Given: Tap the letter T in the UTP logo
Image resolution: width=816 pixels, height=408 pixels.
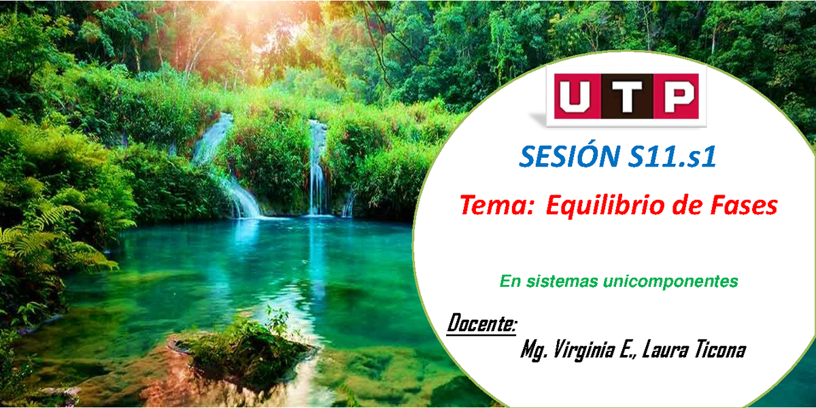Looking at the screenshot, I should coord(626,96).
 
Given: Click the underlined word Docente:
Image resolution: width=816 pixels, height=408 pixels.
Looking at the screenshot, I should coord(481,324).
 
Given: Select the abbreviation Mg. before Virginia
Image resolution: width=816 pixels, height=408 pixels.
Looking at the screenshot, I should coord(534,350).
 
